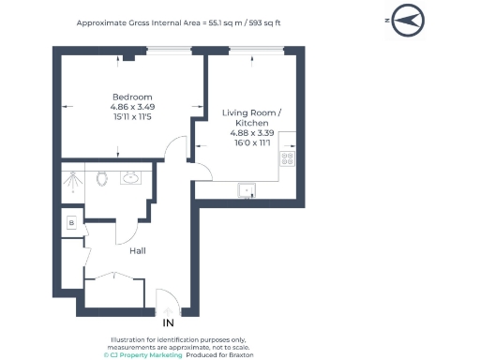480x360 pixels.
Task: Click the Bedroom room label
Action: (x=132, y=97)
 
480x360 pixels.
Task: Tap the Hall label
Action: (x=138, y=251)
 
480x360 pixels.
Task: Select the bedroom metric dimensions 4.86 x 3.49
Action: (x=132, y=107)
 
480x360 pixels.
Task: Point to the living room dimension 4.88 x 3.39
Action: (x=252, y=133)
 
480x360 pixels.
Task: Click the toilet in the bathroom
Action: (x=102, y=178)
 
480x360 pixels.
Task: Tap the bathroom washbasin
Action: (x=130, y=178)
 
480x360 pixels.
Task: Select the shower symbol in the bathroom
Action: (x=72, y=182)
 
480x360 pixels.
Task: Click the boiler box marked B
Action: (x=71, y=223)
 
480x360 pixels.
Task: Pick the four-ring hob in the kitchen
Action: (x=287, y=158)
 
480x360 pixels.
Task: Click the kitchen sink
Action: (x=247, y=190)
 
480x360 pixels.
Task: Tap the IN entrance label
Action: (x=168, y=322)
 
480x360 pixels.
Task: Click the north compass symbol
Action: (x=408, y=21)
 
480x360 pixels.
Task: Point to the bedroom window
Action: (x=169, y=51)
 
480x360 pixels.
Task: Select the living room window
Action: (x=257, y=51)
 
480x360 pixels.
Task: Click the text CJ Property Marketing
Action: (x=142, y=355)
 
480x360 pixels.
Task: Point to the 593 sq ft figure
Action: (x=264, y=22)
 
